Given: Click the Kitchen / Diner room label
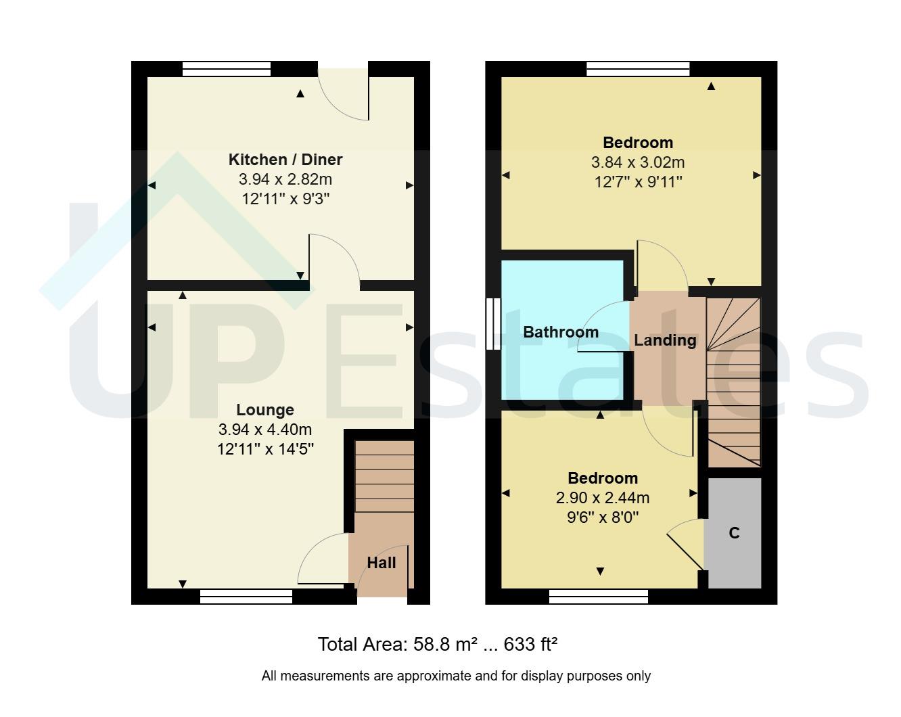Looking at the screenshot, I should pyautogui.click(x=285, y=160).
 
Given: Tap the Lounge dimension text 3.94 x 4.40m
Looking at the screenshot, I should pyautogui.click(x=265, y=430).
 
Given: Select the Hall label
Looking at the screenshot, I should pyautogui.click(x=382, y=563).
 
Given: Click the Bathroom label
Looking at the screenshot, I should pyautogui.click(x=561, y=332).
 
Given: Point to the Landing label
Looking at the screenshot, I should pyautogui.click(x=665, y=340).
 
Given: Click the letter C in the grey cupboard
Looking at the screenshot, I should pyautogui.click(x=734, y=533).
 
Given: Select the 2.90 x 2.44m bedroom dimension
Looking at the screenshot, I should pyautogui.click(x=602, y=499).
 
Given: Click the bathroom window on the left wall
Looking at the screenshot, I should pyautogui.click(x=493, y=324).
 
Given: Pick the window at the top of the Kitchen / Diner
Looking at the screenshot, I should pyautogui.click(x=227, y=68).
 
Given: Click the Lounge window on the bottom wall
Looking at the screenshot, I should pyautogui.click(x=246, y=596).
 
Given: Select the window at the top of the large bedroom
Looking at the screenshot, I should pyautogui.click(x=638, y=68).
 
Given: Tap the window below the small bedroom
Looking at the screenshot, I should pyautogui.click(x=598, y=596).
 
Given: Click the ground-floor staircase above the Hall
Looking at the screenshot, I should pyautogui.click(x=384, y=476).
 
